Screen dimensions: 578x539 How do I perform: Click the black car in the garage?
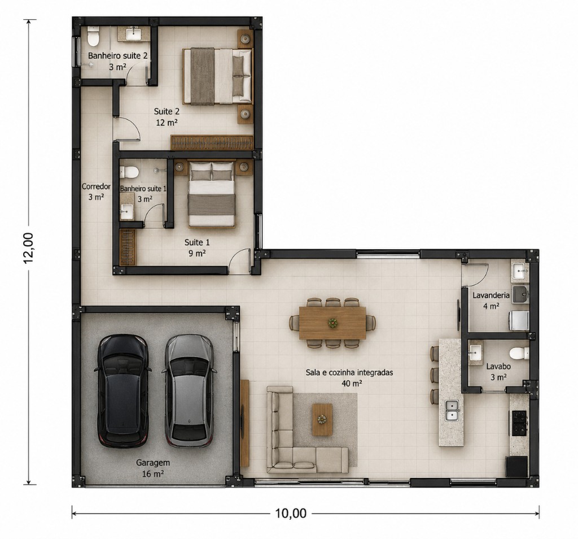[x=122, y=390]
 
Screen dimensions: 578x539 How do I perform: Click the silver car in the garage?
[x=189, y=390]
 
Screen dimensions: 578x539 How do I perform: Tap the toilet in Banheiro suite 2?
[x=93, y=36]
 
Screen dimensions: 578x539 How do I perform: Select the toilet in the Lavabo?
[x=519, y=353]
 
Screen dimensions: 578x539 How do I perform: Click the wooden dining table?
[x=332, y=323]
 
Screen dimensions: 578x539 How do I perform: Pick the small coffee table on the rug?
[x=322, y=419]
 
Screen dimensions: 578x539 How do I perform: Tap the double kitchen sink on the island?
[x=452, y=410]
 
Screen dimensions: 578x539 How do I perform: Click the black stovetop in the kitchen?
[x=519, y=422]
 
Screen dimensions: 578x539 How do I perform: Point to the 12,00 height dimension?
[x=28, y=248]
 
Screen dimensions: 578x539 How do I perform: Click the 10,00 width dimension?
[x=291, y=513]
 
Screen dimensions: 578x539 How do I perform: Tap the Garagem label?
[x=153, y=462]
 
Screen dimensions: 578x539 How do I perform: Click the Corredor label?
[x=96, y=186]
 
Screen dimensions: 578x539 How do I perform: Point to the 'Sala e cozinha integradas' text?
[x=349, y=373]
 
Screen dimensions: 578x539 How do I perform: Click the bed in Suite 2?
[x=218, y=76]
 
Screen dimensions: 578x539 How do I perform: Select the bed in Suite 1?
[x=212, y=194]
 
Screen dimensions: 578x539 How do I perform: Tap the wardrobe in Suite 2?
[x=212, y=142]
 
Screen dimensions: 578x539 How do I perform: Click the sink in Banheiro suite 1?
[x=127, y=211]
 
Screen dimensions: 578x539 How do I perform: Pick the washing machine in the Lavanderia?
[x=519, y=320]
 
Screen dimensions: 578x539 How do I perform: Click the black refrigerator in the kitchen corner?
[x=516, y=466]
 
